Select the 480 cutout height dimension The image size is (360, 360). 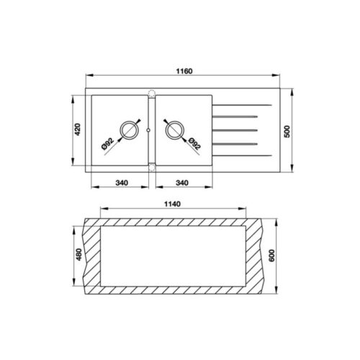tap(77, 256)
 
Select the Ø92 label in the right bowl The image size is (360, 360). tap(195, 144)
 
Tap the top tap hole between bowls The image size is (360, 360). tap(151, 91)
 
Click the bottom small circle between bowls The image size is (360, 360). tap(151, 167)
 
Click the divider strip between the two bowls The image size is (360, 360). tap(151, 130)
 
